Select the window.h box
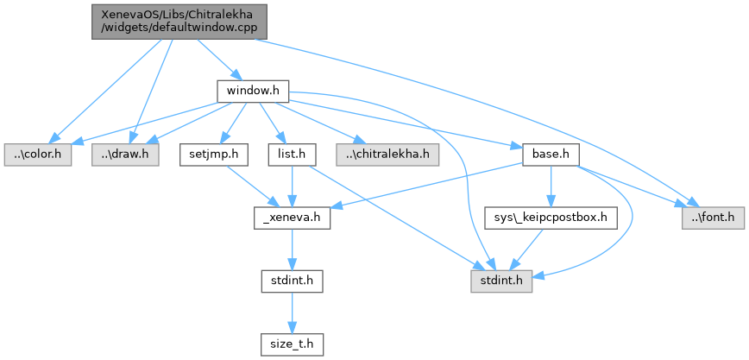[x=251, y=91]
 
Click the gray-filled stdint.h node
[x=501, y=282]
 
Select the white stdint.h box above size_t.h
[x=293, y=282]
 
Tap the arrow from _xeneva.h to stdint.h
[x=293, y=250]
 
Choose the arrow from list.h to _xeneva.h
[x=292, y=186]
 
